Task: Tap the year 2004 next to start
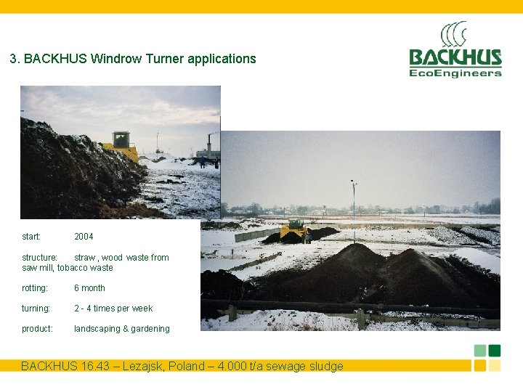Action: click(x=84, y=237)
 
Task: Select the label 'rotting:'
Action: click(x=35, y=288)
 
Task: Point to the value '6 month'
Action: click(x=89, y=288)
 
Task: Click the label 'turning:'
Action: click(x=36, y=309)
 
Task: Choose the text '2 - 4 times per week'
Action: click(x=113, y=309)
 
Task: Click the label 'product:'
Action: click(x=37, y=329)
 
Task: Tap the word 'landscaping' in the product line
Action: click(x=97, y=329)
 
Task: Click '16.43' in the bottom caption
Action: click(x=94, y=367)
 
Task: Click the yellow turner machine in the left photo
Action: click(x=121, y=145)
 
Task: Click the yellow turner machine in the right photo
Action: click(x=294, y=230)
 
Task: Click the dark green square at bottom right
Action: click(x=495, y=351)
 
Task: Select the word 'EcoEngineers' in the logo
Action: click(x=455, y=73)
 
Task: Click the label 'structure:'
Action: click(x=40, y=258)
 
